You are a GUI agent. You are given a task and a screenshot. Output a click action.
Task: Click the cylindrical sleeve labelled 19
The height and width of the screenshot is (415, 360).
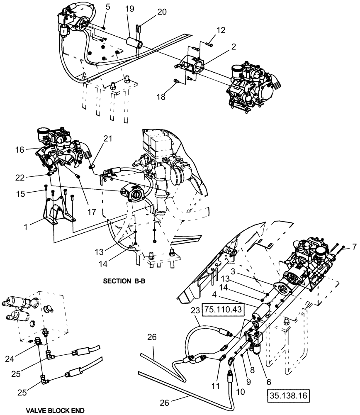[134, 43]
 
